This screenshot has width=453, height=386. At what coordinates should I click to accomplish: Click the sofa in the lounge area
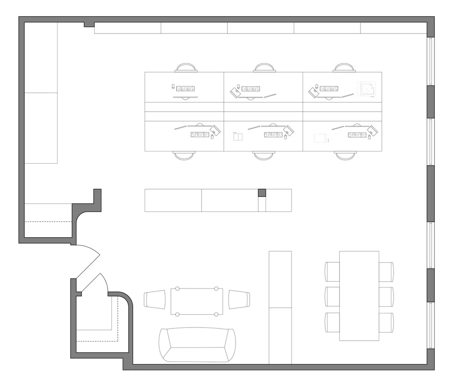(197, 345)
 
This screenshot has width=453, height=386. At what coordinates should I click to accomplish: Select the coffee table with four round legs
(197, 301)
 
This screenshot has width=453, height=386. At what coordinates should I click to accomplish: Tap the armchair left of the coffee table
(154, 300)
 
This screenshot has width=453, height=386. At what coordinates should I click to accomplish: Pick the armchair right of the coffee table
(239, 300)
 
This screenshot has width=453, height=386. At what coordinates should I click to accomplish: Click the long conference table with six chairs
(359, 296)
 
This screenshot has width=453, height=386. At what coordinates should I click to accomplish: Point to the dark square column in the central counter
(262, 193)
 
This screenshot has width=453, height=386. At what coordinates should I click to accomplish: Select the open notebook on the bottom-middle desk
(238, 137)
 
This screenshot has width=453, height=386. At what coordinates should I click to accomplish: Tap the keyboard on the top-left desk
(185, 88)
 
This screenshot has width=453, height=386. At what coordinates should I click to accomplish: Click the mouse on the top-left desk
(173, 86)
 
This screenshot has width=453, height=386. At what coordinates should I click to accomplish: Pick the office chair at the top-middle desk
(264, 68)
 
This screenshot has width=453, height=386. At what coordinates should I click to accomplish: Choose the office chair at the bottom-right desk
(345, 155)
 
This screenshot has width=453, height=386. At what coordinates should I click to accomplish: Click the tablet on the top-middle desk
(235, 93)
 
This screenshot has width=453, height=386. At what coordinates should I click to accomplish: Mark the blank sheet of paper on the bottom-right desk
(320, 137)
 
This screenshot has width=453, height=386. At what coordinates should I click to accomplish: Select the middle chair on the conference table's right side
(386, 296)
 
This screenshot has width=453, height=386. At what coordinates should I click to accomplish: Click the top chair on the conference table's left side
(333, 272)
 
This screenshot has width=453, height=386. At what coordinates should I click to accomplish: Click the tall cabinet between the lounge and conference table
(280, 307)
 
